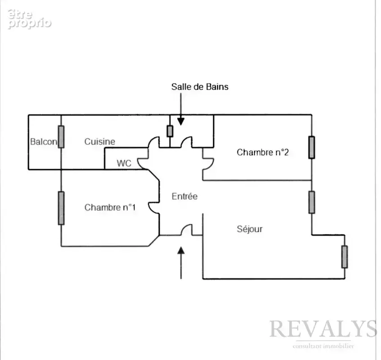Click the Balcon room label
pyautogui.click(x=44, y=141)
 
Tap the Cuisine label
pyautogui.click(x=99, y=141)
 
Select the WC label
pyautogui.click(x=124, y=163)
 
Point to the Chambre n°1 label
pyautogui.click(x=110, y=207)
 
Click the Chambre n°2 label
pyautogui.click(x=263, y=153)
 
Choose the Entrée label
pyautogui.click(x=184, y=196)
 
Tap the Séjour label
pyautogui.click(x=250, y=229)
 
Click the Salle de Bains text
pyautogui.click(x=200, y=87)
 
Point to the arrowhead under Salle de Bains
pyautogui.click(x=181, y=121)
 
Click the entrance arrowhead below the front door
pyautogui.click(x=181, y=250)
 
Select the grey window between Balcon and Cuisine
pyautogui.click(x=61, y=137)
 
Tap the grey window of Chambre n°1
pyautogui.click(x=61, y=208)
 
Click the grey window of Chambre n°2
pyautogui.click(x=312, y=148)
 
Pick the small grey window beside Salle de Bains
pyautogui.click(x=170, y=131)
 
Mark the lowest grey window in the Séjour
pyautogui.click(x=344, y=257)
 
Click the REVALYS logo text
pyautogui.click(x=323, y=328)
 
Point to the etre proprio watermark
pyautogui.click(x=29, y=19)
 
